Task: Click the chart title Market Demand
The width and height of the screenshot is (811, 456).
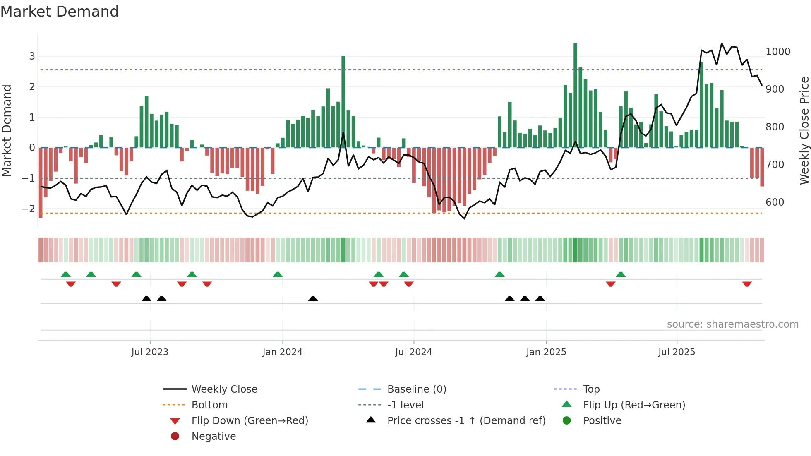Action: (x=60, y=12)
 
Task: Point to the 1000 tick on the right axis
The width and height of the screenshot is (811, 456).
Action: (x=777, y=52)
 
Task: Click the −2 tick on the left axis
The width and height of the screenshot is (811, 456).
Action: (x=28, y=209)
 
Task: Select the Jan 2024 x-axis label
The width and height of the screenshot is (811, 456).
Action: (x=282, y=352)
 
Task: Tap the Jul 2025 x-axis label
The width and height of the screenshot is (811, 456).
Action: (x=677, y=352)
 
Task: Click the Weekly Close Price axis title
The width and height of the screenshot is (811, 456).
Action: (x=804, y=130)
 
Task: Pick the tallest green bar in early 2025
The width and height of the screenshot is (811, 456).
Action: (x=575, y=95)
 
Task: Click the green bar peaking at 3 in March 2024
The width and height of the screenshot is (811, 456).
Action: (x=343, y=101)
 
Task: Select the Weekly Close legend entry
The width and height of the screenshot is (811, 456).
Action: (x=224, y=389)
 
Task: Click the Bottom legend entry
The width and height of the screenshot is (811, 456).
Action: (x=209, y=405)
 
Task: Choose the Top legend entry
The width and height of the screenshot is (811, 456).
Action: (x=591, y=389)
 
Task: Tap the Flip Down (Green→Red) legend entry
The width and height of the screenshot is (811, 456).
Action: (x=250, y=421)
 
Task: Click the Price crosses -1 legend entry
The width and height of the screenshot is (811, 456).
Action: (x=466, y=421)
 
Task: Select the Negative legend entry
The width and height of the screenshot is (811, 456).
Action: (x=214, y=437)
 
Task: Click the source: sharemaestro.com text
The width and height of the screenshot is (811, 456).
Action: (x=732, y=324)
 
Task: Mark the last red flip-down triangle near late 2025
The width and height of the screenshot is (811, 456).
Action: (x=746, y=284)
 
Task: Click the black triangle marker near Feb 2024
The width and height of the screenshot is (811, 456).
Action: (x=313, y=298)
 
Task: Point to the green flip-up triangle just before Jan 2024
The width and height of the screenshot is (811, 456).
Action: (x=278, y=274)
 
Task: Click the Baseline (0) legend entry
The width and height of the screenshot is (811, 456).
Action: (x=416, y=389)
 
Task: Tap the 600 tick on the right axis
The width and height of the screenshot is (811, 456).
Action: (x=775, y=202)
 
